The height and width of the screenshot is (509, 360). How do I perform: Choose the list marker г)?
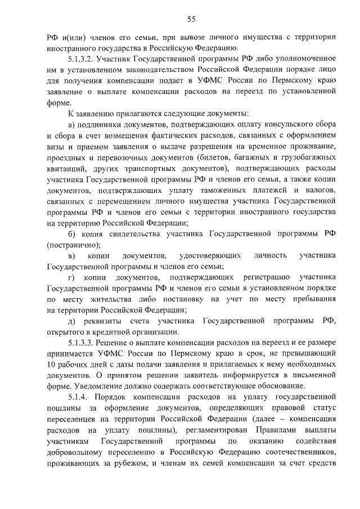pyautogui.click(x=71, y=277)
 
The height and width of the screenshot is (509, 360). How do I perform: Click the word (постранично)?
pyautogui.click(x=74, y=245)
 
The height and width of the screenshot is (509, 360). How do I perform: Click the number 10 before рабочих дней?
pyautogui.click(x=52, y=364)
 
